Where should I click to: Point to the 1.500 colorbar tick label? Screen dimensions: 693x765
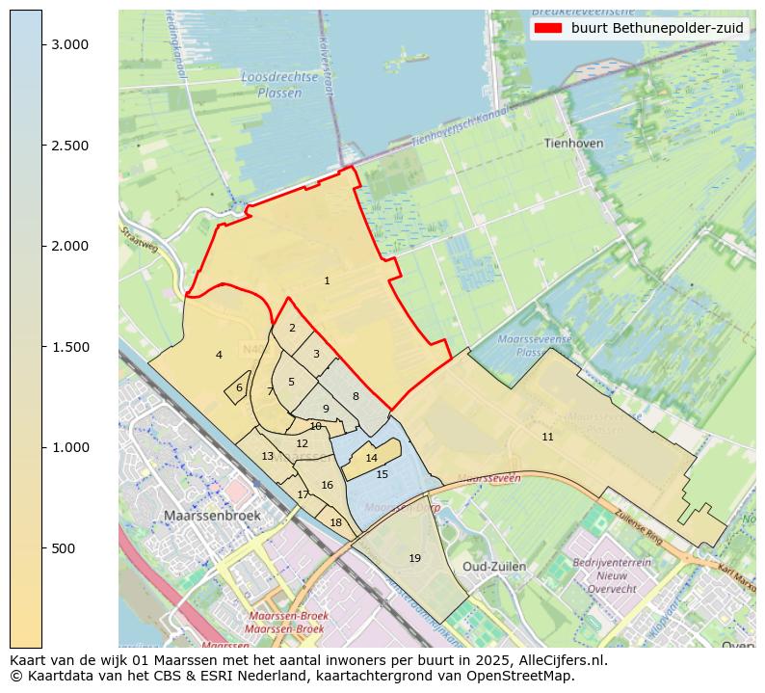(69, 347)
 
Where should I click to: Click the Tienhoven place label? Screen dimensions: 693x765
(573, 144)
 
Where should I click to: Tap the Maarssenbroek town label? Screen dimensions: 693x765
(212, 516)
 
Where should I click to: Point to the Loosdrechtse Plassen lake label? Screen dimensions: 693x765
(272, 85)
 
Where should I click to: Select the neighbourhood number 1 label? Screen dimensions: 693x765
(327, 281)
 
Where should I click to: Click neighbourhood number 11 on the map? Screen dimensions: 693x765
(547, 438)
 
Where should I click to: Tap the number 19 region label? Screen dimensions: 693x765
(414, 559)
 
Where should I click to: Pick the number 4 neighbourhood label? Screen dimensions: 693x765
(219, 356)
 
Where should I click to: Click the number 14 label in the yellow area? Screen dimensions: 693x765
(371, 459)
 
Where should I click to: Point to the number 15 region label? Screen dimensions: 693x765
(382, 475)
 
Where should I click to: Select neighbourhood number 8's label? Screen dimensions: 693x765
(355, 397)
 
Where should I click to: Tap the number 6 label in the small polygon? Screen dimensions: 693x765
(239, 388)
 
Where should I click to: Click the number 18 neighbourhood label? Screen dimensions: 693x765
(335, 523)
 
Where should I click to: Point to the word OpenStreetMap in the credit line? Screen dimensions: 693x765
(528, 677)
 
